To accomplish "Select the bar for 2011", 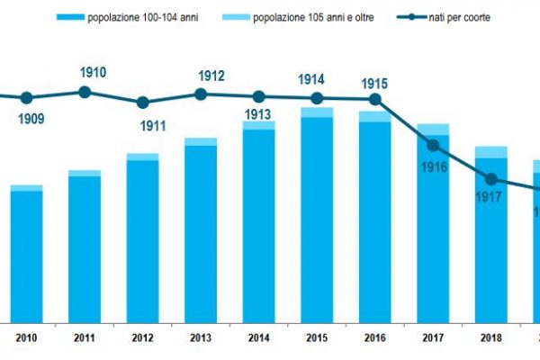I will click(x=85, y=247).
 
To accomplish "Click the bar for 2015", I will click(x=317, y=216).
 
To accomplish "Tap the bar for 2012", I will click(x=142, y=239).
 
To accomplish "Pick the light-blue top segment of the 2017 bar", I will click(x=433, y=130).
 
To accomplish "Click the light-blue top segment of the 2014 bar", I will click(x=258, y=125).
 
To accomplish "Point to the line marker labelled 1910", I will click(x=85, y=92).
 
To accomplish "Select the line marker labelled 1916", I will click(x=433, y=145).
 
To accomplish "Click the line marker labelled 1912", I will click(x=201, y=94).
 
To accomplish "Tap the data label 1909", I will click(x=26, y=117).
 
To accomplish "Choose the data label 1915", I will click(x=374, y=84).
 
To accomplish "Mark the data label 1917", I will click(x=490, y=199).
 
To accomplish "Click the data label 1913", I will click(x=258, y=114).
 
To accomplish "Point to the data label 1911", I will click(x=142, y=125).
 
